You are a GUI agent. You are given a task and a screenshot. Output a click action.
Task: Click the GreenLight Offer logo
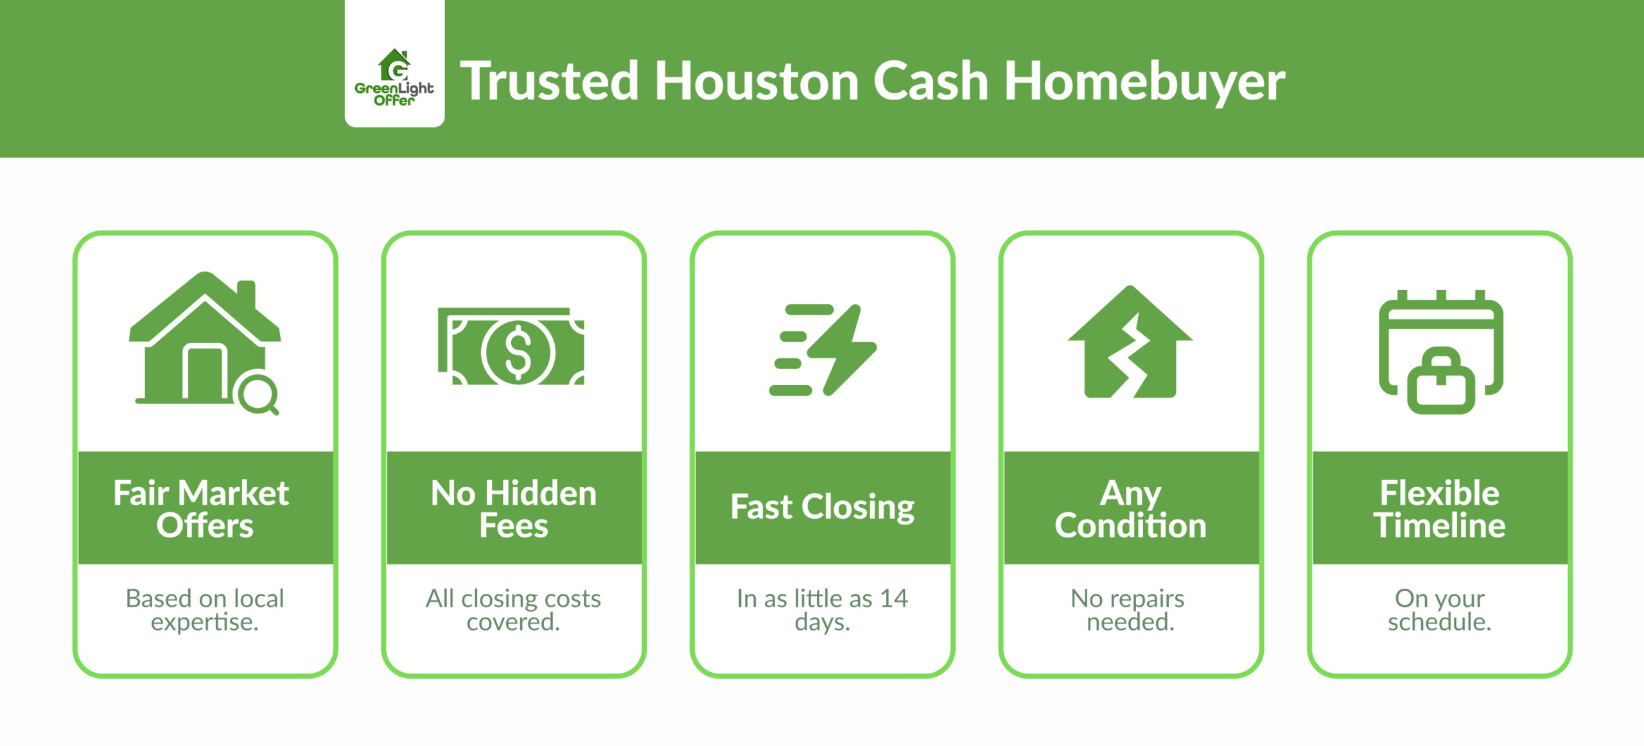(394, 77)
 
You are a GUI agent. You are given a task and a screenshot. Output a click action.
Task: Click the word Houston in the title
(756, 82)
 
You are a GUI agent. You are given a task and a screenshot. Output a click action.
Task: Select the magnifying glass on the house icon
(258, 395)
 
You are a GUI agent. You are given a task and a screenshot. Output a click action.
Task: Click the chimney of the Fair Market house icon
(247, 294)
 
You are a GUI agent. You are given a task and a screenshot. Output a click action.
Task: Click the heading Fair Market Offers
(202, 508)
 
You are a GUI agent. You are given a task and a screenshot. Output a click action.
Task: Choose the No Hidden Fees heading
(514, 508)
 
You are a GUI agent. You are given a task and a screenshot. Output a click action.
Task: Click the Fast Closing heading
(822, 507)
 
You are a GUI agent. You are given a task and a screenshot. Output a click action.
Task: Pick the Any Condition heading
(1130, 508)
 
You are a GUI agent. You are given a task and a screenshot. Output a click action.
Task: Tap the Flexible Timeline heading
(1439, 508)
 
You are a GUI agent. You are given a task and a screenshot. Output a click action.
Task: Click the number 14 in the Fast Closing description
(893, 599)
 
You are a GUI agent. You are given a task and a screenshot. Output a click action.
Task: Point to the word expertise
(204, 622)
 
